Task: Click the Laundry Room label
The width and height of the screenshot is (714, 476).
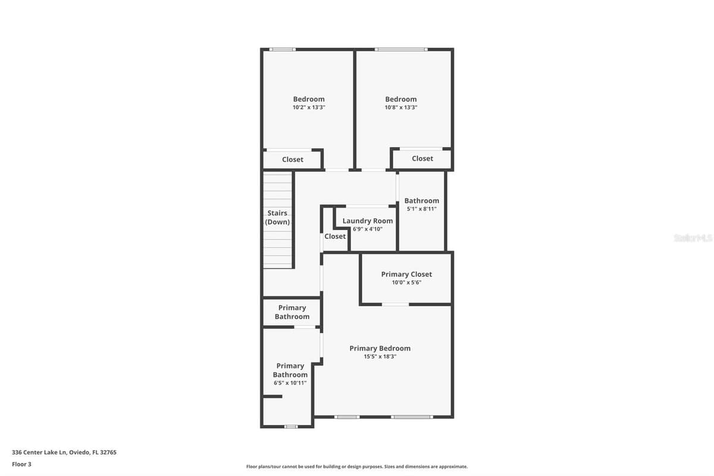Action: click(x=368, y=221)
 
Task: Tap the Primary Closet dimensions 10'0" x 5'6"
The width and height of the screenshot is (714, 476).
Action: click(x=406, y=282)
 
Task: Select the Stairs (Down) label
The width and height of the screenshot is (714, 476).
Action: click(x=277, y=217)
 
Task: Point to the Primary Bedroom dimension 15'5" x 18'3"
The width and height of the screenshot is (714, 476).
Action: click(x=380, y=356)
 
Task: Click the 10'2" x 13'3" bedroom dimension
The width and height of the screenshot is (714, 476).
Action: click(x=309, y=107)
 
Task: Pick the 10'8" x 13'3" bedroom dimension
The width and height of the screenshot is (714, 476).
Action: click(x=400, y=107)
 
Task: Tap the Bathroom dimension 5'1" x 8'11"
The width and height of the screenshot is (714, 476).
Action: click(x=421, y=209)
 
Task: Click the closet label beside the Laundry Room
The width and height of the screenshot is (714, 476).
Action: click(x=335, y=236)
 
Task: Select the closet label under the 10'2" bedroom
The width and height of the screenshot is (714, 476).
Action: click(x=293, y=159)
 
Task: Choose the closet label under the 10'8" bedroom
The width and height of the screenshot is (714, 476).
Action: click(x=422, y=158)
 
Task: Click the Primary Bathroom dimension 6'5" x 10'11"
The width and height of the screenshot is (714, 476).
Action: click(x=290, y=383)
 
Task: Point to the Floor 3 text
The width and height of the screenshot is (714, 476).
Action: click(x=21, y=464)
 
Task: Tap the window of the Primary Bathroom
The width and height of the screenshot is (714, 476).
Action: click(x=291, y=427)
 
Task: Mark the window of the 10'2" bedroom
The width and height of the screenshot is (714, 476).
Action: click(x=283, y=49)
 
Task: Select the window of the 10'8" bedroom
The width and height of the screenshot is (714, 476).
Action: click(x=401, y=49)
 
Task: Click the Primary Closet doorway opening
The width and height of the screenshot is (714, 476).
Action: click(x=395, y=305)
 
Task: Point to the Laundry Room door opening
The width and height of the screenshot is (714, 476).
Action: click(x=367, y=206)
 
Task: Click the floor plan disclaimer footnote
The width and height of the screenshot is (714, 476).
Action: click(x=356, y=466)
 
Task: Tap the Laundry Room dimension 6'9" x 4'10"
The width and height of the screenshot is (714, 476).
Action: click(x=368, y=229)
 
